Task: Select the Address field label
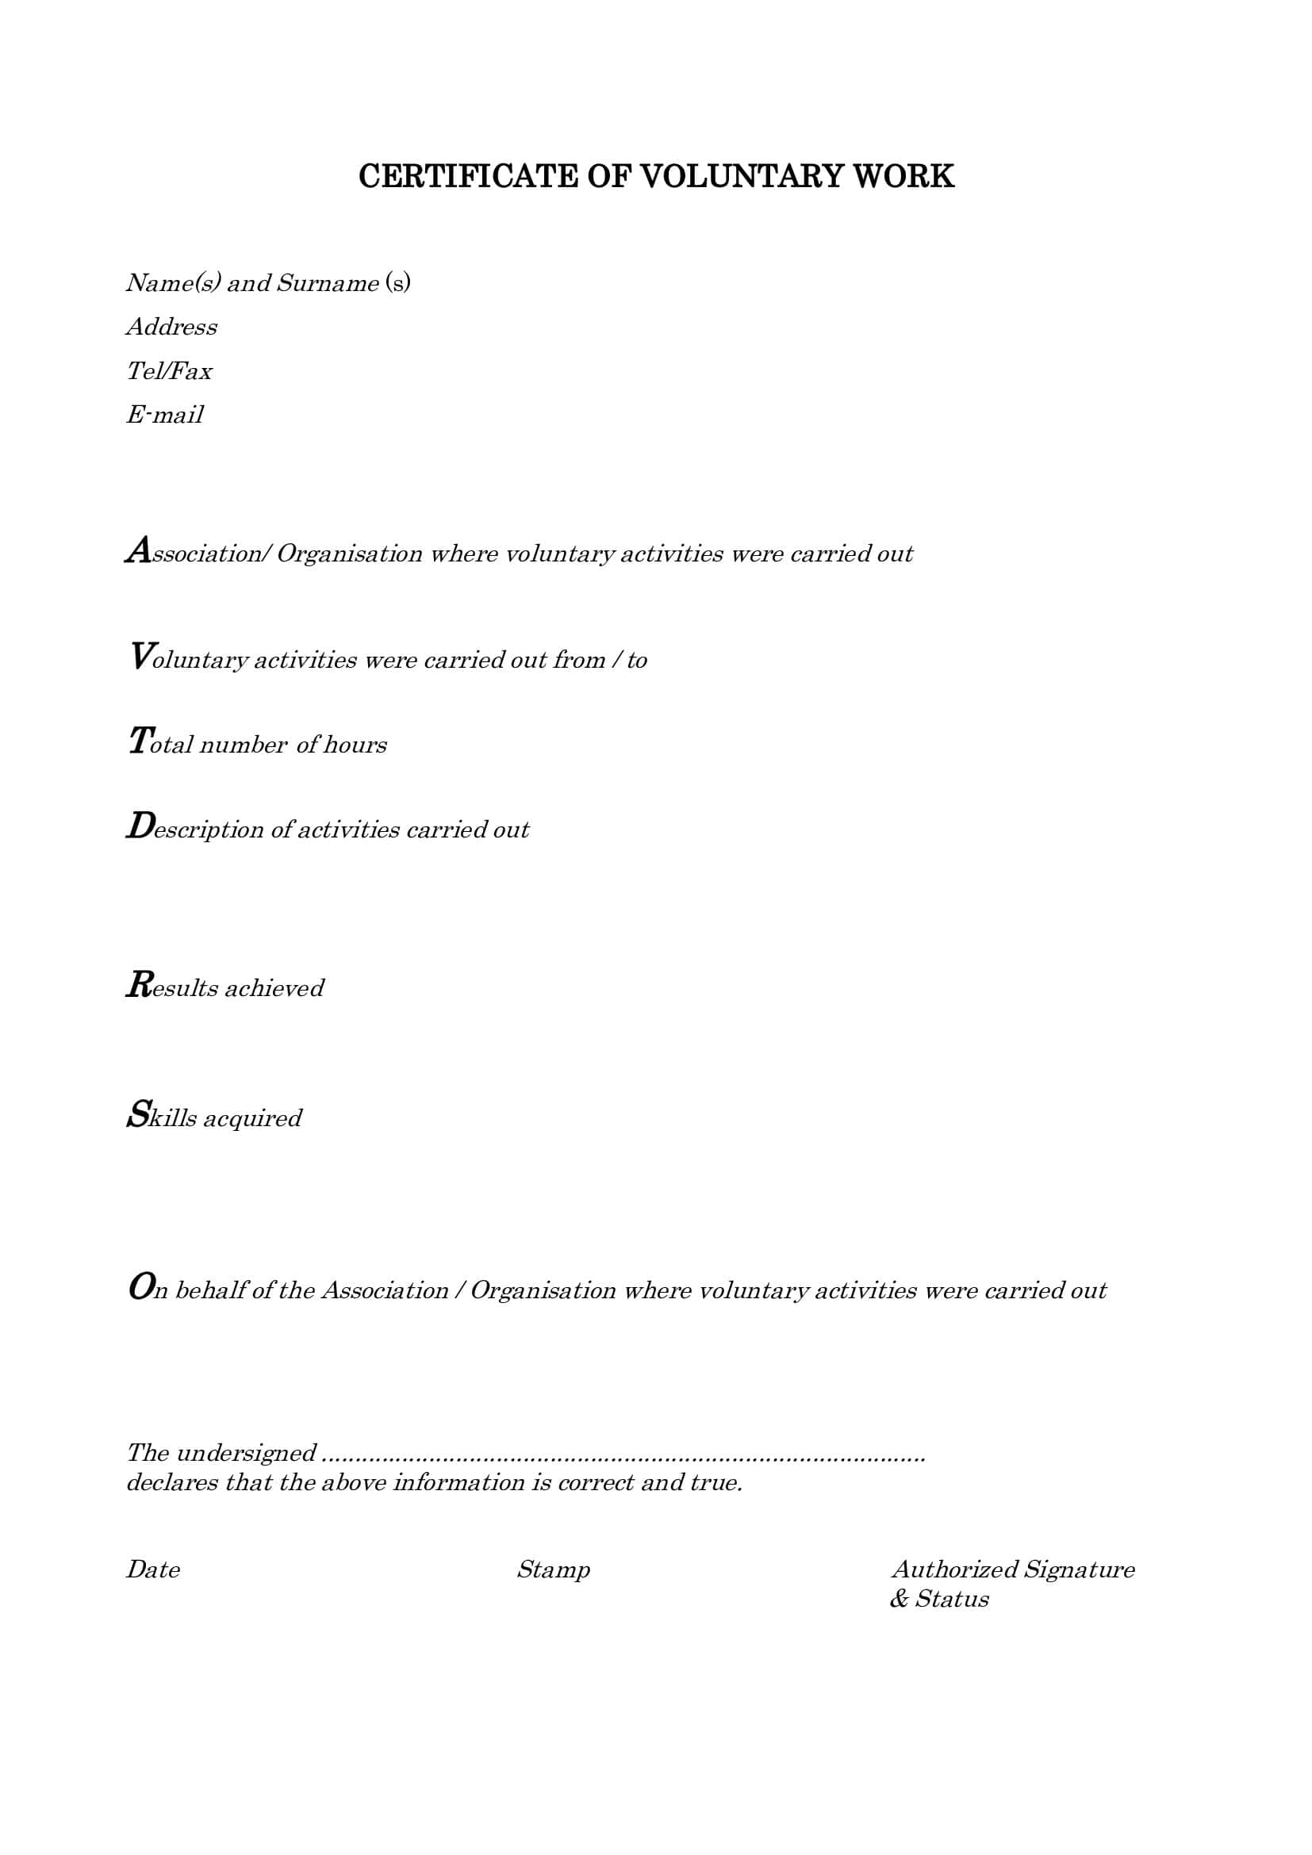click(x=171, y=327)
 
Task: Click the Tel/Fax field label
click(x=169, y=371)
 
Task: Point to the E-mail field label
click(x=165, y=415)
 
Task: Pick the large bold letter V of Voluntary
click(x=140, y=655)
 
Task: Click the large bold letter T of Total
click(x=139, y=740)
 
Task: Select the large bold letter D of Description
click(x=140, y=825)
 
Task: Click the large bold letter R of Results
click(x=139, y=984)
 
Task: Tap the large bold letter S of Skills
click(x=138, y=1114)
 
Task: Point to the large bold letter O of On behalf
click(x=140, y=1286)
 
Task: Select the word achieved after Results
click(x=274, y=988)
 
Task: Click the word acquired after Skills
click(x=252, y=1119)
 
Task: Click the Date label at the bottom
click(x=152, y=1569)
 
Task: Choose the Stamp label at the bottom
click(x=554, y=1569)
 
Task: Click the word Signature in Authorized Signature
click(x=1079, y=1569)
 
